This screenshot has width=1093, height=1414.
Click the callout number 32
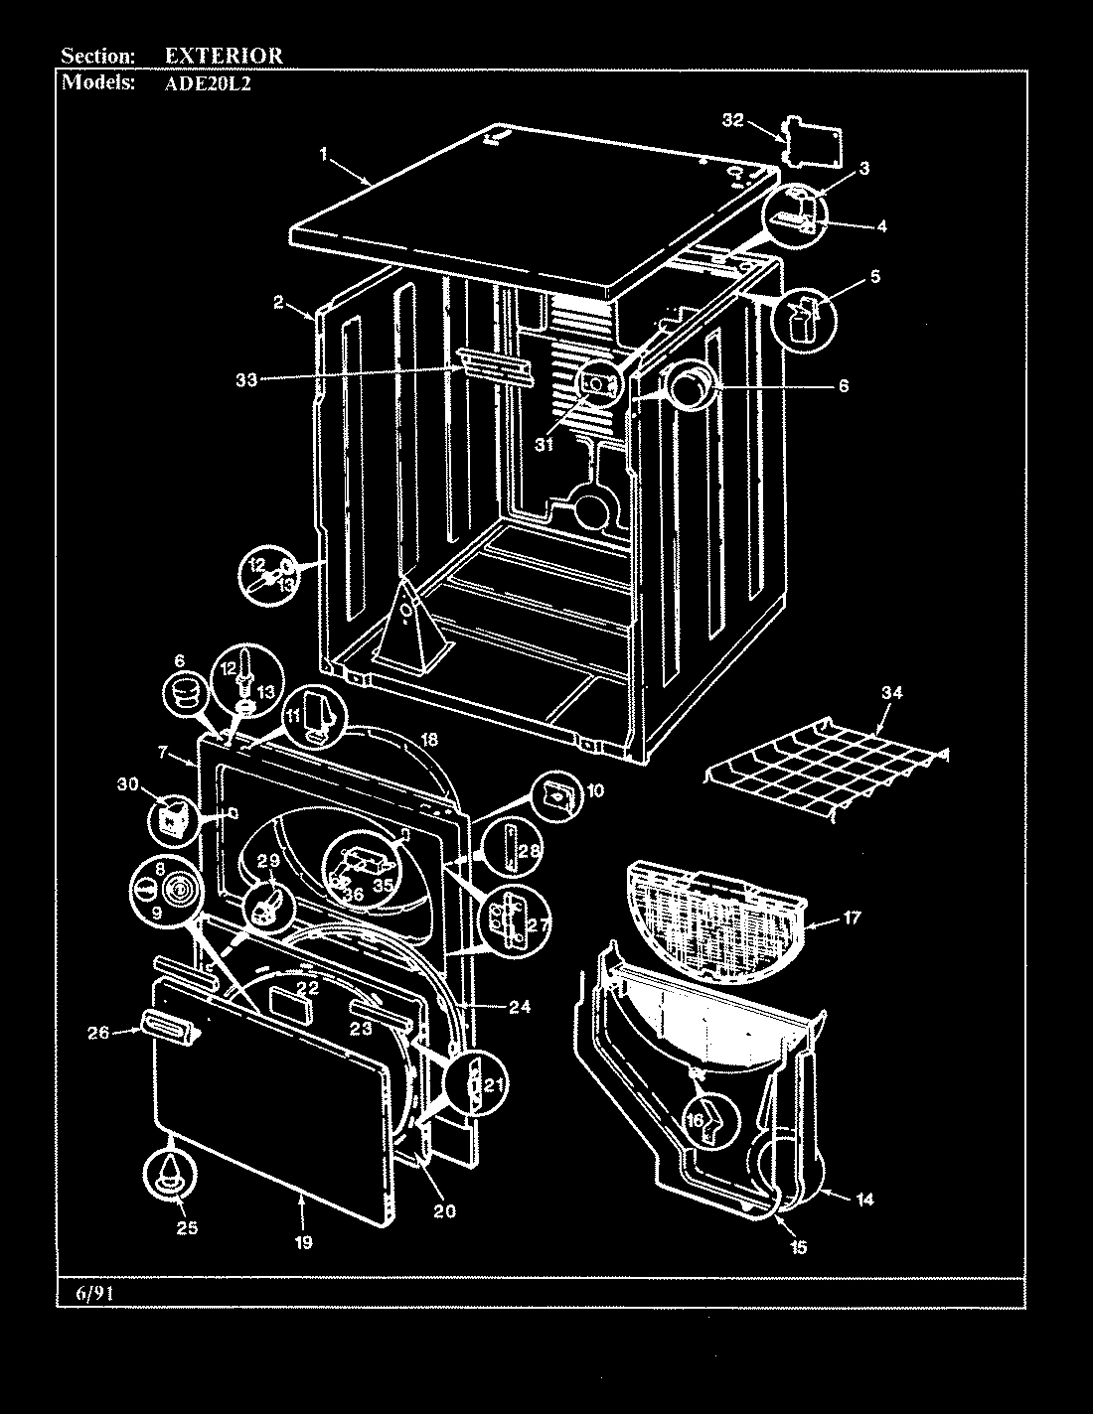[x=732, y=120]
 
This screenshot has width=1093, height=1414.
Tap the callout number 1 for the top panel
[x=324, y=154]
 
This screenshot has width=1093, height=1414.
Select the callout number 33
[x=246, y=378]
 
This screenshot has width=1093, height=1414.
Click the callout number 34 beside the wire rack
[x=891, y=693]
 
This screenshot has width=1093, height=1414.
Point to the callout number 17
[x=852, y=919]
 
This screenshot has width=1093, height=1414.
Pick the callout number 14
[x=864, y=1199]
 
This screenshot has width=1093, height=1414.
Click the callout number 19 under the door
[x=304, y=1241]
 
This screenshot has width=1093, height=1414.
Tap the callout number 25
[x=187, y=1228]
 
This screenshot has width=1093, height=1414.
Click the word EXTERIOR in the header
[x=223, y=56]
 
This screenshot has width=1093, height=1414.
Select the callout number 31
[x=544, y=445]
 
